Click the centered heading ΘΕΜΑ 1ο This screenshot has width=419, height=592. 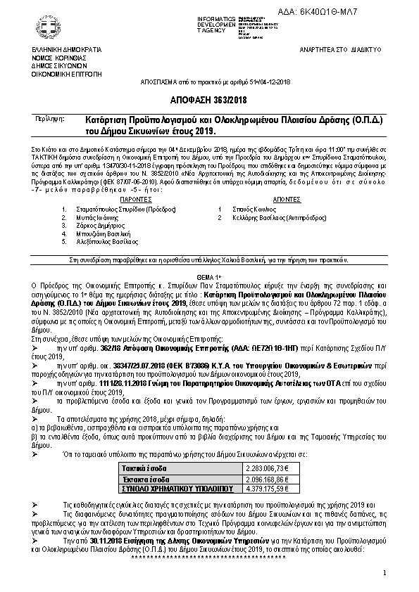click(209, 278)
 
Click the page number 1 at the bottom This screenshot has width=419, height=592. click(384, 573)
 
